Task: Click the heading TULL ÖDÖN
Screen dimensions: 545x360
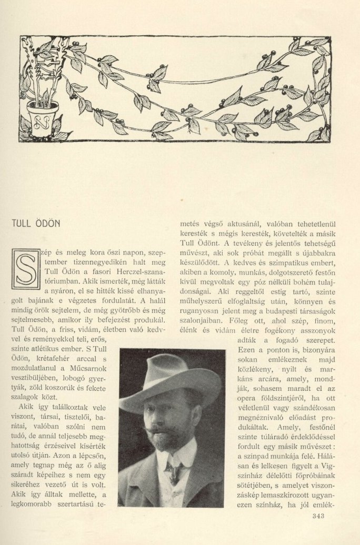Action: point(35,223)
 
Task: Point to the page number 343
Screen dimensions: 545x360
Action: point(319,516)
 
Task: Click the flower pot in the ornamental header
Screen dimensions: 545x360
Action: point(43,119)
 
